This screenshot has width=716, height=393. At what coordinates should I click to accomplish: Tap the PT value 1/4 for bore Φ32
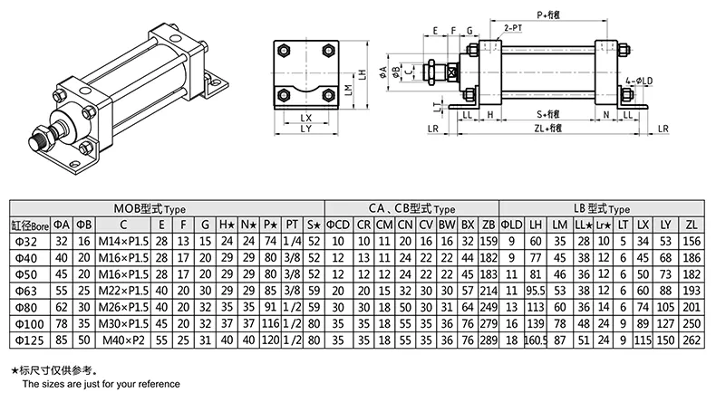tap(292, 240)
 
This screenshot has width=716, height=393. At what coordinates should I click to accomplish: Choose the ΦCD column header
tap(337, 224)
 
